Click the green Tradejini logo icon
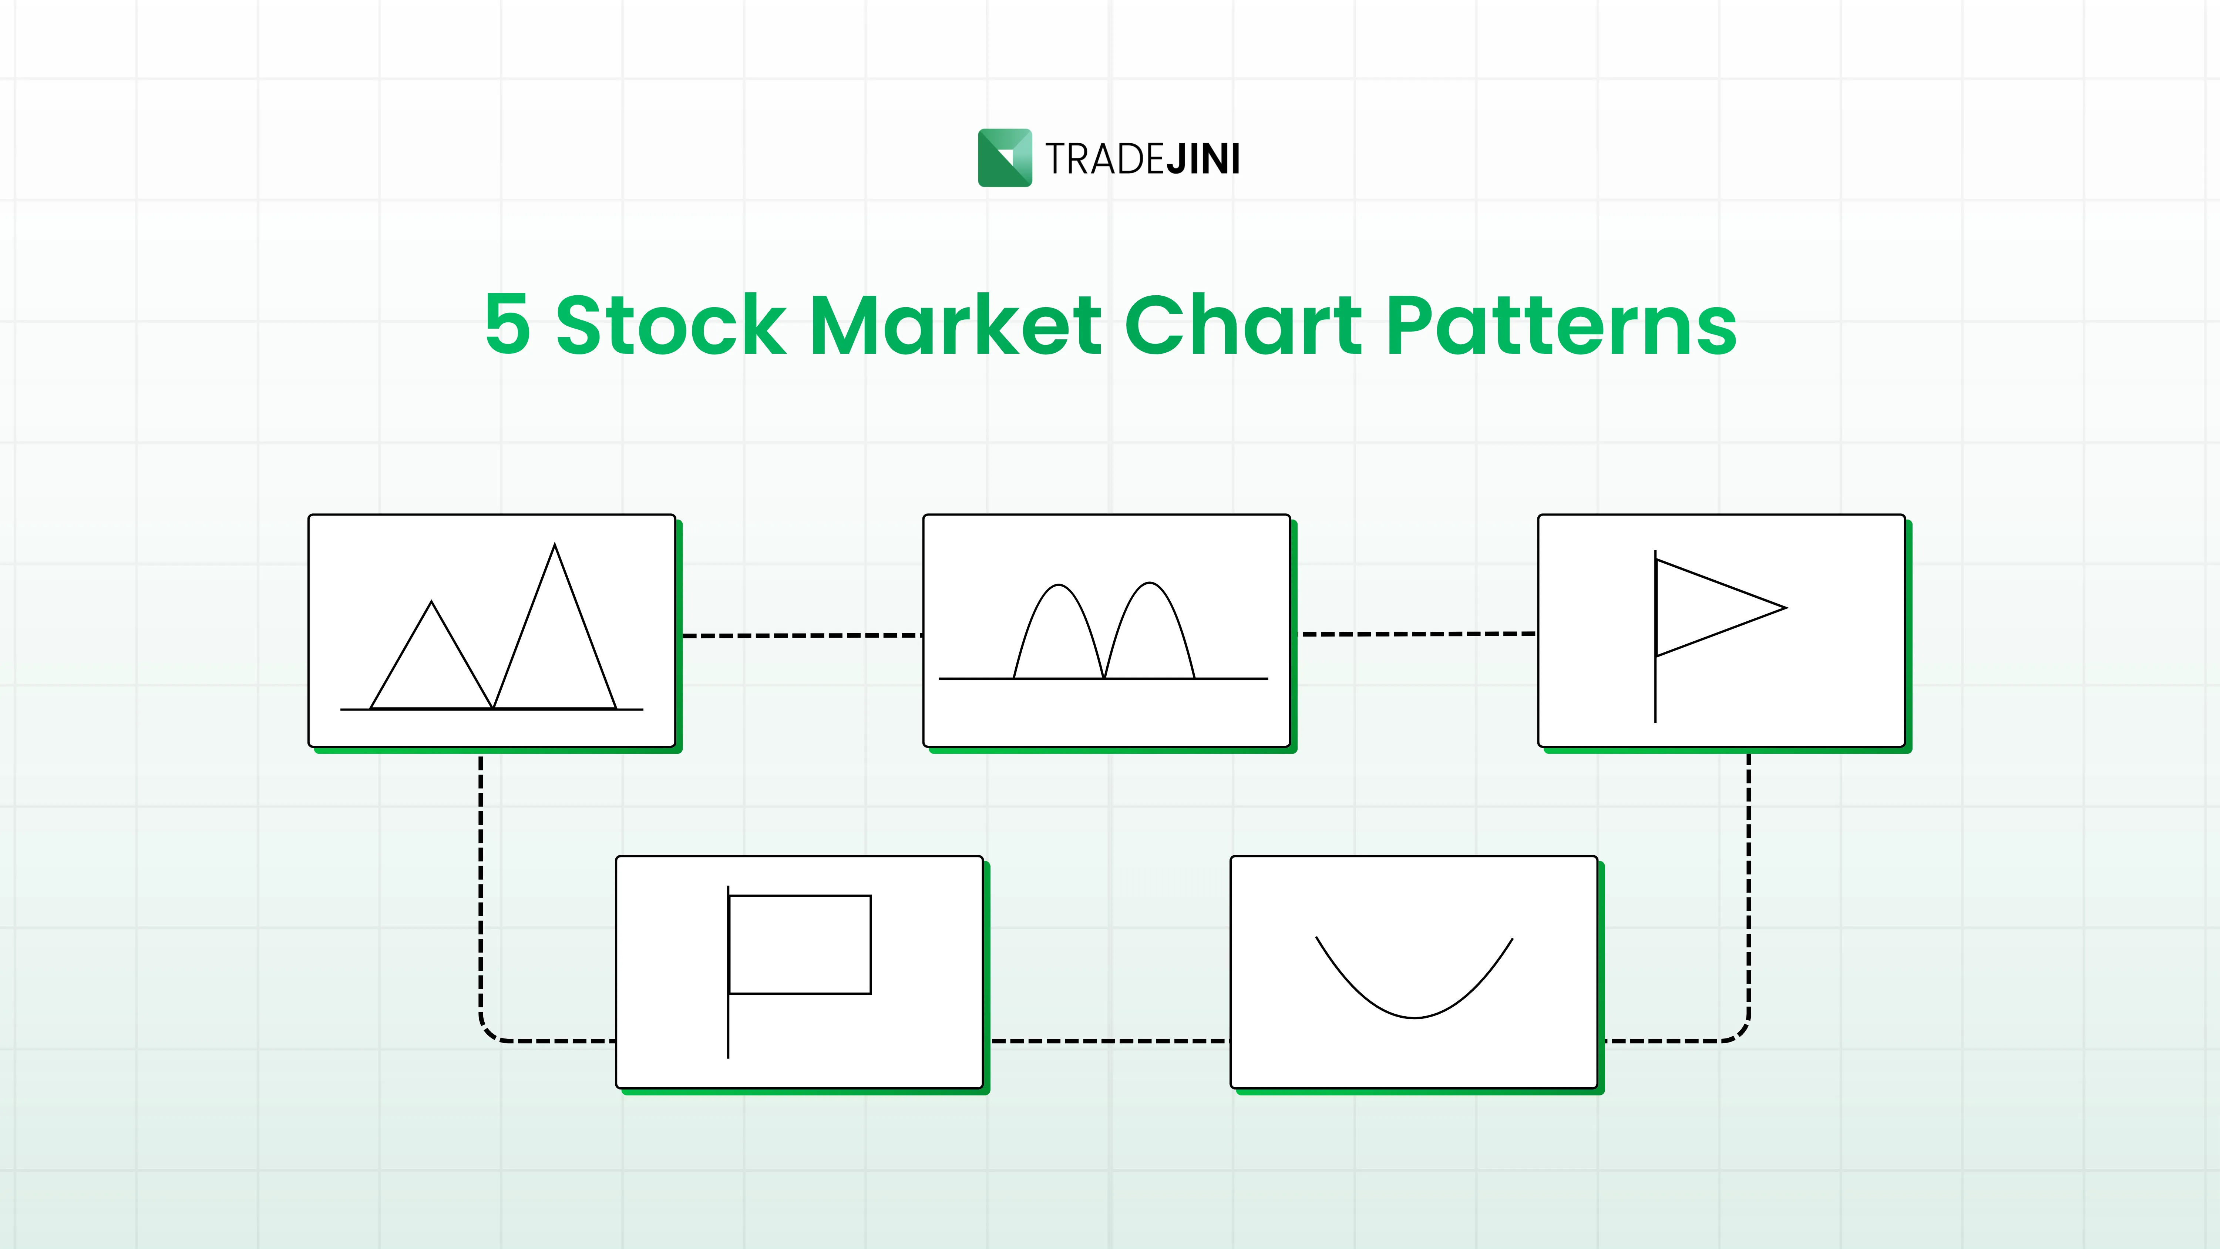coord(1004,158)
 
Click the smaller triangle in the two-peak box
coord(431,664)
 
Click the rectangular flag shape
coord(800,945)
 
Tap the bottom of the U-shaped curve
coord(1414,1017)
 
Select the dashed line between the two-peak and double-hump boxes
coord(801,635)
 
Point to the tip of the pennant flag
coord(1786,608)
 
